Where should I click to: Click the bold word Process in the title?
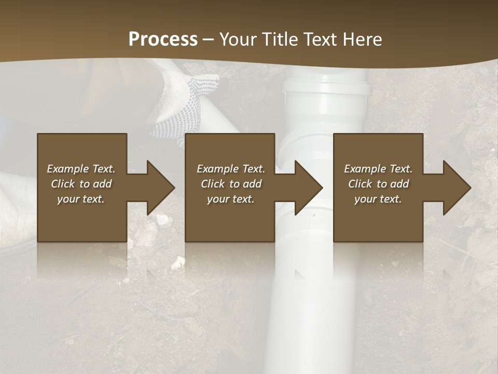[x=163, y=39]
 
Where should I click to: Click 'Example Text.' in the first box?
[x=81, y=169]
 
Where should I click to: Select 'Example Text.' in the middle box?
[x=231, y=169]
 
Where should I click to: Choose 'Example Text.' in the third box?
[x=378, y=169]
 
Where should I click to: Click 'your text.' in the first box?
[x=81, y=199]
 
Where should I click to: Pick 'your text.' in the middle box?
[x=231, y=199]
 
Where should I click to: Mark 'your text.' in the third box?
[x=378, y=199]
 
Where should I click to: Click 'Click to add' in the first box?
[x=81, y=184]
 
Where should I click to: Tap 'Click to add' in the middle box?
[x=231, y=184]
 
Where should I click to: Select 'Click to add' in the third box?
[x=378, y=184]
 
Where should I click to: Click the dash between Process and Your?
[x=209, y=39]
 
